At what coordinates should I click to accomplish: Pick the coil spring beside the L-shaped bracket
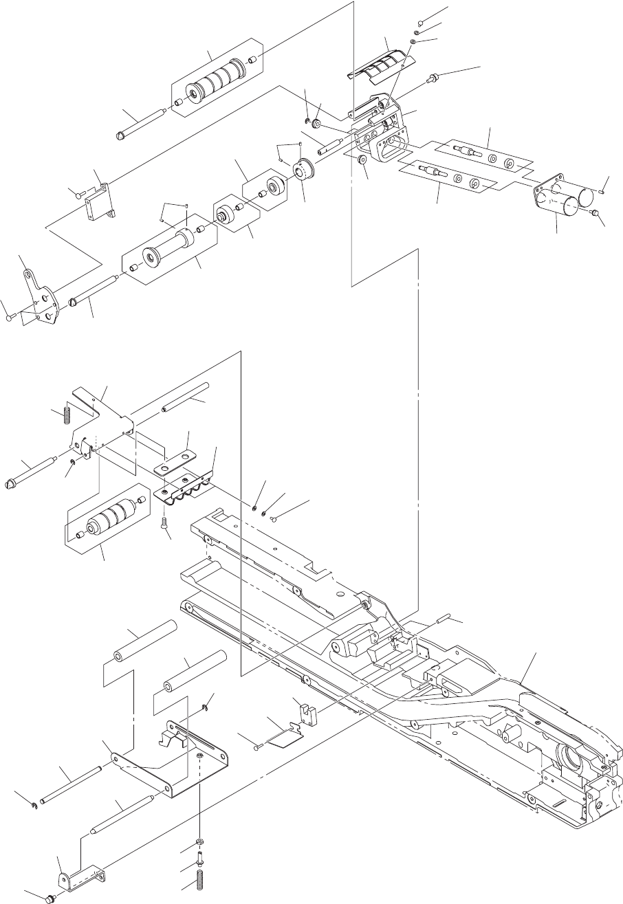[67, 415]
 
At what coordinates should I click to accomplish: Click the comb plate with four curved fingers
[186, 483]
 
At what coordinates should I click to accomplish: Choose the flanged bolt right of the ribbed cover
[434, 77]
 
